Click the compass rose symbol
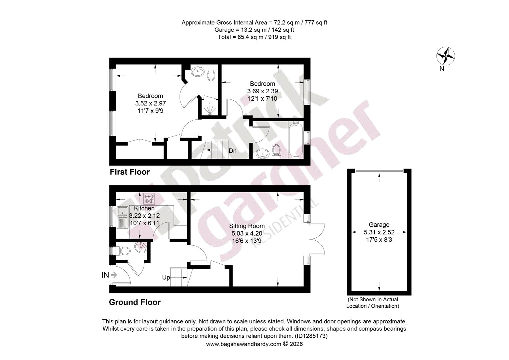[x=445, y=56]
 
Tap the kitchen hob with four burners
[x=149, y=199]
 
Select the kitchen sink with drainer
[x=123, y=217]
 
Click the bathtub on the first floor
[x=295, y=140]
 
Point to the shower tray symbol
[x=211, y=109]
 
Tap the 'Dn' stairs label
[x=233, y=151]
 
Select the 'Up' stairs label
[x=166, y=277]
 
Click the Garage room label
[x=379, y=225]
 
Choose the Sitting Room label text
[x=247, y=226]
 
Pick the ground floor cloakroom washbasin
[x=141, y=247]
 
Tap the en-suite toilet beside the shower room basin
[x=211, y=75]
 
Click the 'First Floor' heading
[x=130, y=172]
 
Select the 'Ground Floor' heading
[x=135, y=302]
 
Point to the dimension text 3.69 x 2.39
[x=262, y=91]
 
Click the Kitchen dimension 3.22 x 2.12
[x=145, y=216]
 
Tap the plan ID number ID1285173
[x=311, y=336]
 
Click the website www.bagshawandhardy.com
[x=244, y=344]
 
